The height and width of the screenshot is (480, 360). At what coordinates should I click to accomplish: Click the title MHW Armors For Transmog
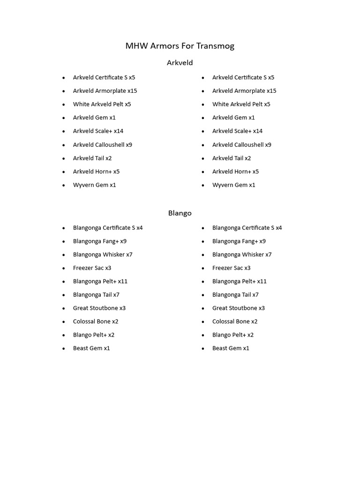click(180, 46)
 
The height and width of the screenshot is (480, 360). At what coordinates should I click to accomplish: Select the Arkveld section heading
click(180, 63)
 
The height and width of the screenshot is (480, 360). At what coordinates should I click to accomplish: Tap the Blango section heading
click(180, 213)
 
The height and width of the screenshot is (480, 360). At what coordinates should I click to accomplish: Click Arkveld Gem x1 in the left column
click(94, 118)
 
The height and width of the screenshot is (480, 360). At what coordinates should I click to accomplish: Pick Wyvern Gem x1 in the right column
click(233, 185)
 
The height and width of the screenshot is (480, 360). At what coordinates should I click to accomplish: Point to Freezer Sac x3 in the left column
click(92, 268)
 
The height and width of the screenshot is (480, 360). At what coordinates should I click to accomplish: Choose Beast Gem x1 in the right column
click(231, 348)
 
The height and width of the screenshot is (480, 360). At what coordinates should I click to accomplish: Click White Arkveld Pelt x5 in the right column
click(241, 105)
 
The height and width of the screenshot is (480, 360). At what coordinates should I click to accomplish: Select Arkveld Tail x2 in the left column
click(92, 158)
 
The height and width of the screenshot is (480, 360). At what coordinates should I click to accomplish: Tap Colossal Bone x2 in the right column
click(235, 322)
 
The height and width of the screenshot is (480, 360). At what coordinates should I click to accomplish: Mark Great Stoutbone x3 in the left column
click(99, 308)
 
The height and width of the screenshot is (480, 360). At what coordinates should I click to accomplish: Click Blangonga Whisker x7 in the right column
click(242, 255)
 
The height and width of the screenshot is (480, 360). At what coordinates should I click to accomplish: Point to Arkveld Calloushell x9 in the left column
click(102, 145)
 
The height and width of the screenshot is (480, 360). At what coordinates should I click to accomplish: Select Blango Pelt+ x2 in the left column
click(94, 335)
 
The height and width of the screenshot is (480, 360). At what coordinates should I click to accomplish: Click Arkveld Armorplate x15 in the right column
click(244, 91)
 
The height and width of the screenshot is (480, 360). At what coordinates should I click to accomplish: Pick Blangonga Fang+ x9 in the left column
click(100, 241)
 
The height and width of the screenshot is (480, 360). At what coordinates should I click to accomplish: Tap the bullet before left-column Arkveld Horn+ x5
click(64, 172)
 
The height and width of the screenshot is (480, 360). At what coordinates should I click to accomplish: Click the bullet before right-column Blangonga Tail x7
click(203, 295)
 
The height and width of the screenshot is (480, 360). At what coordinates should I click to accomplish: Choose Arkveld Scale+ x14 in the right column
click(237, 131)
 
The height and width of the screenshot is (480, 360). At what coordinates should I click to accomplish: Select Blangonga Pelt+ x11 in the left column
click(100, 282)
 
